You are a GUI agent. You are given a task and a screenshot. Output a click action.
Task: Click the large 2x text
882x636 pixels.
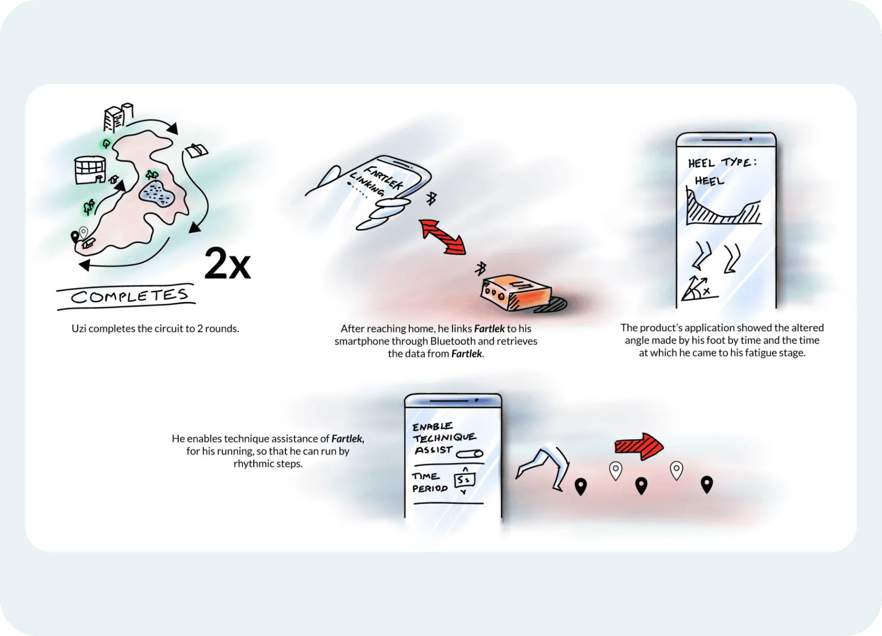pos(227,263)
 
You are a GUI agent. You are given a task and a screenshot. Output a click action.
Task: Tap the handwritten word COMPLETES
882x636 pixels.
pos(130,296)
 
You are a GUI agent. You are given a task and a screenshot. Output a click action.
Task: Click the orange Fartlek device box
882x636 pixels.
pos(516,292)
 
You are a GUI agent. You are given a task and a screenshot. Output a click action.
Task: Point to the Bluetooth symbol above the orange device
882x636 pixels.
pos(480,269)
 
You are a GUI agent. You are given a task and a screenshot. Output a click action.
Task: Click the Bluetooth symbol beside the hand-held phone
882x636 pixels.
pos(431,198)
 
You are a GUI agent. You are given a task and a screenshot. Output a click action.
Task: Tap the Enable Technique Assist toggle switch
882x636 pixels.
pos(470,454)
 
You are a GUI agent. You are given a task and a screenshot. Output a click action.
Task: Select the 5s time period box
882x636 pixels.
pos(465,480)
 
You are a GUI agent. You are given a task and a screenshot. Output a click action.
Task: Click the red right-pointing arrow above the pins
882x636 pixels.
pos(639,446)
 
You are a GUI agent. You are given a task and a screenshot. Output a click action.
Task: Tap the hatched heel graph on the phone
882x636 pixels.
pos(723,207)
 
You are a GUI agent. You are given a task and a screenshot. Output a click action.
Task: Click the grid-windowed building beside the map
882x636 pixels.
pos(90,170)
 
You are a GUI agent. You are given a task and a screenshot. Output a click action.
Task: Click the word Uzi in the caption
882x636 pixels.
pos(79,329)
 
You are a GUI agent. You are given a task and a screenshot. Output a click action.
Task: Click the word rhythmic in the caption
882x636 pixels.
pos(251,464)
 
